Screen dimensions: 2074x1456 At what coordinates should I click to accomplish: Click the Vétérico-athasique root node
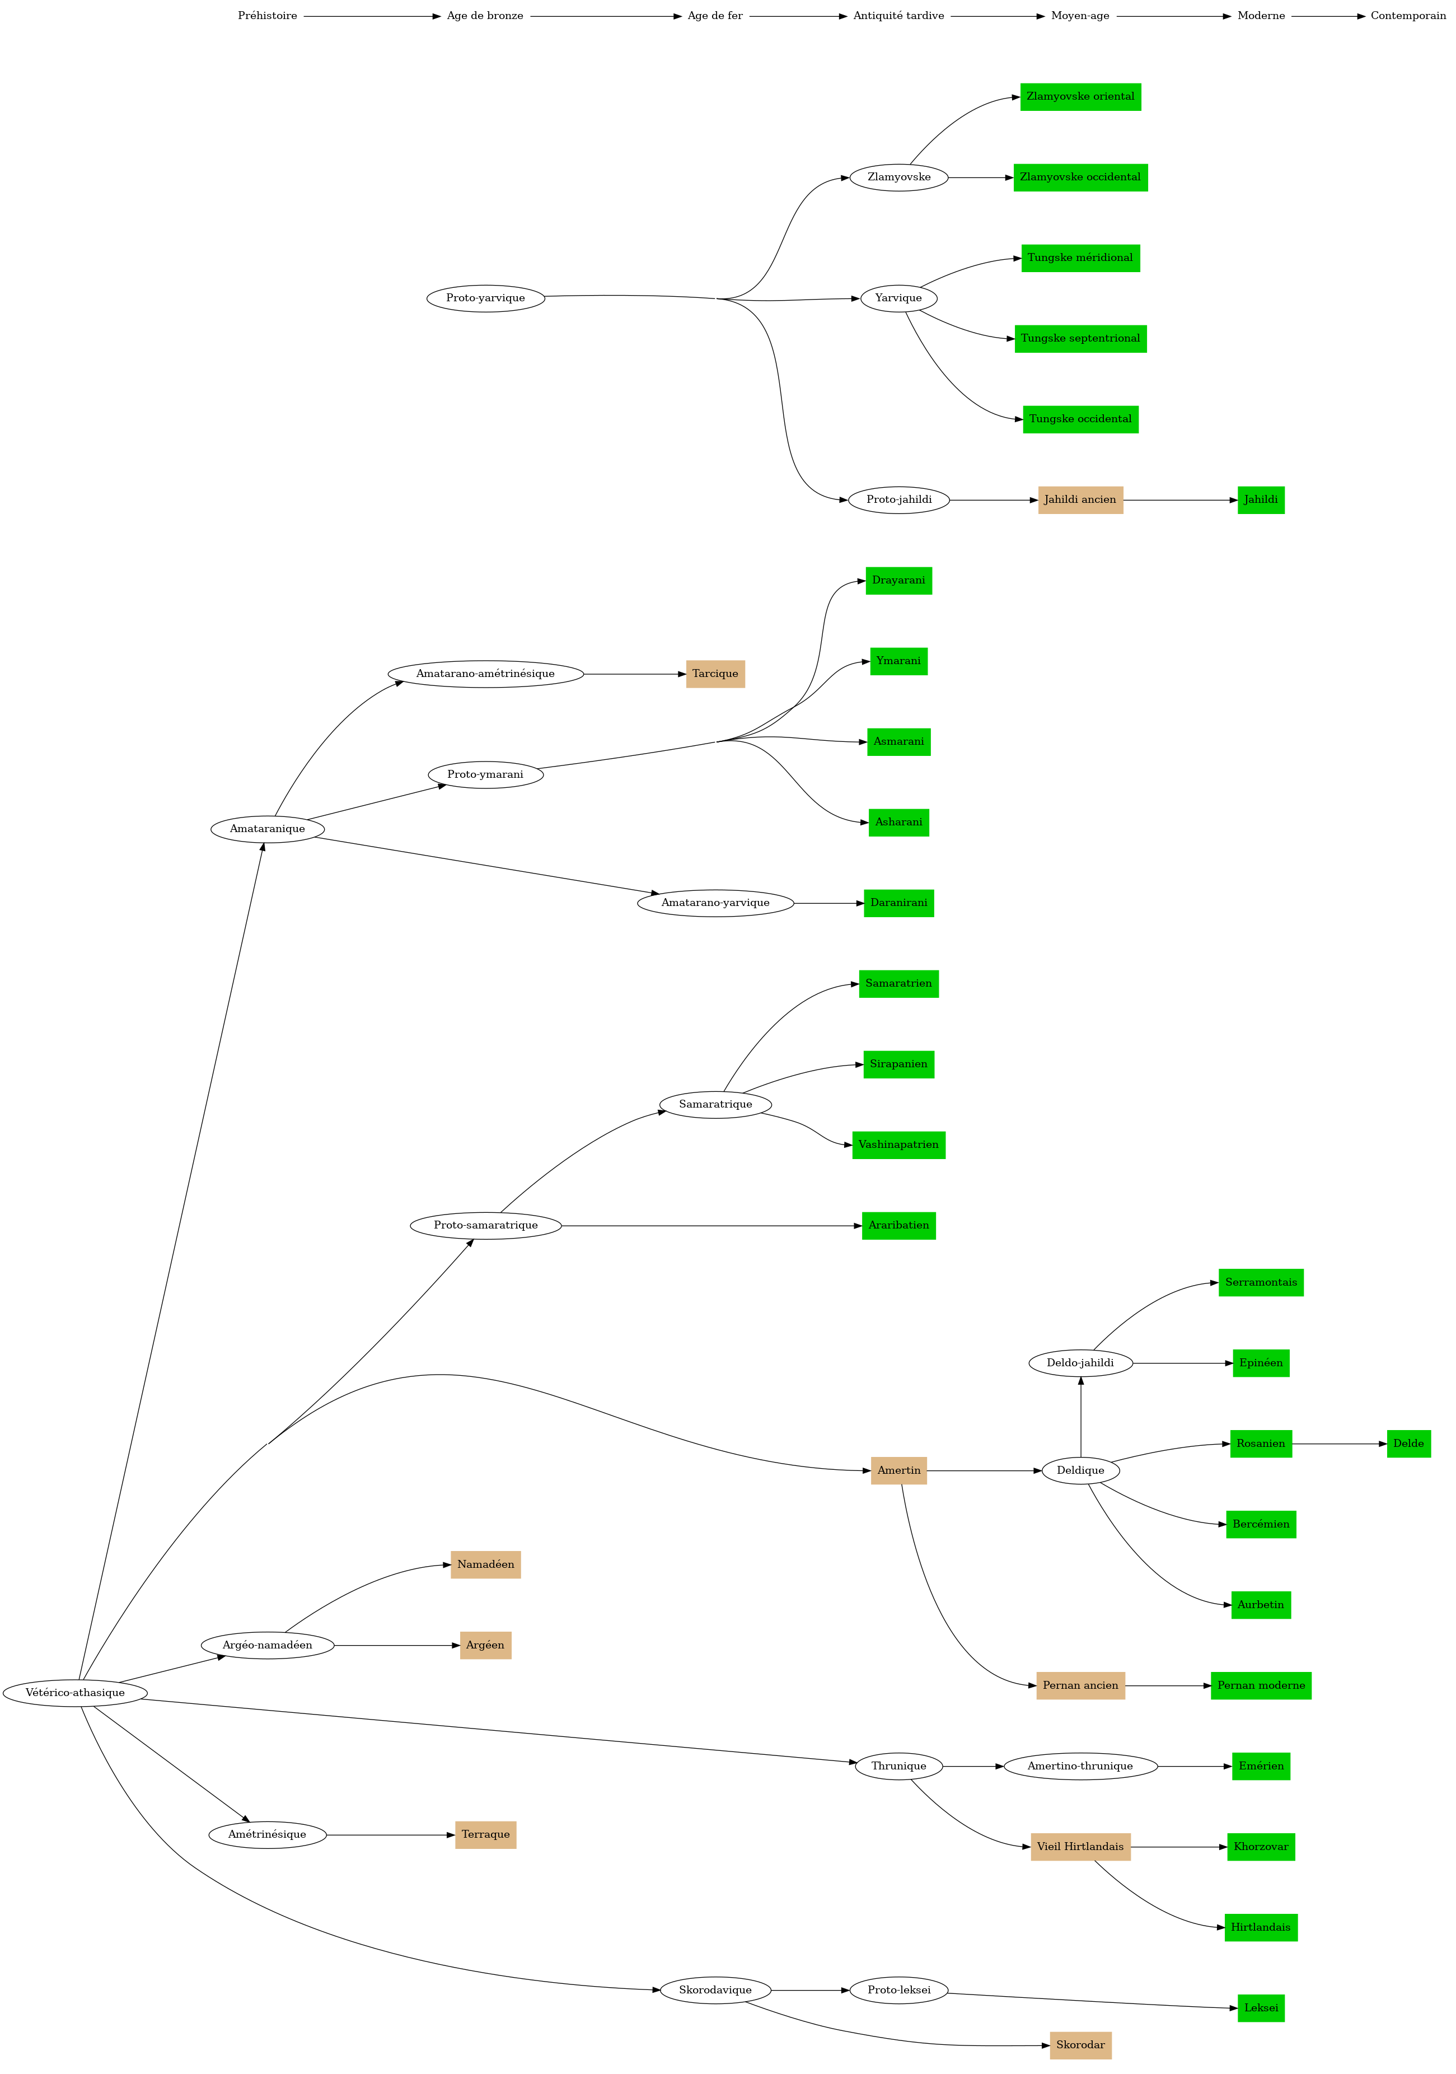click(x=75, y=1693)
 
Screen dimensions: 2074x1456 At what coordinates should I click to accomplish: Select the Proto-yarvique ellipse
click(x=486, y=298)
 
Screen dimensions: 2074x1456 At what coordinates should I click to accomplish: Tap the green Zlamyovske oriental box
click(x=1080, y=97)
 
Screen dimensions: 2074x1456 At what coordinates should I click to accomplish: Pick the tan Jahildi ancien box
click(x=1080, y=499)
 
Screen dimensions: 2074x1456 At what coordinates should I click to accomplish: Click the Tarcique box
click(x=715, y=674)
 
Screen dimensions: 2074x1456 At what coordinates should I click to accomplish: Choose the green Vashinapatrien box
click(x=898, y=1145)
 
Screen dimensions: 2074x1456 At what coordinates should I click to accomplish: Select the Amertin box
click(x=898, y=1470)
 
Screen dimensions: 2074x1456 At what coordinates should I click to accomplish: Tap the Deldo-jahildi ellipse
click(x=1080, y=1363)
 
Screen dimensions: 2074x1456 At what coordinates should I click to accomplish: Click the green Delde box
click(x=1408, y=1444)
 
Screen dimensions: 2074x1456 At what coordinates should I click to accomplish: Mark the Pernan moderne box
click(x=1261, y=1685)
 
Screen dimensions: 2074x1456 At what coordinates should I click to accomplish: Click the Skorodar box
click(x=1080, y=2045)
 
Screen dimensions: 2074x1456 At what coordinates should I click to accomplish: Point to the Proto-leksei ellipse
click(x=898, y=1990)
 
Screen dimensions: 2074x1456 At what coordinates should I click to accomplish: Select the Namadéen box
click(x=486, y=1564)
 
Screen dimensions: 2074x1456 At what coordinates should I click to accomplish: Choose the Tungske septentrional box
click(x=1080, y=339)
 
